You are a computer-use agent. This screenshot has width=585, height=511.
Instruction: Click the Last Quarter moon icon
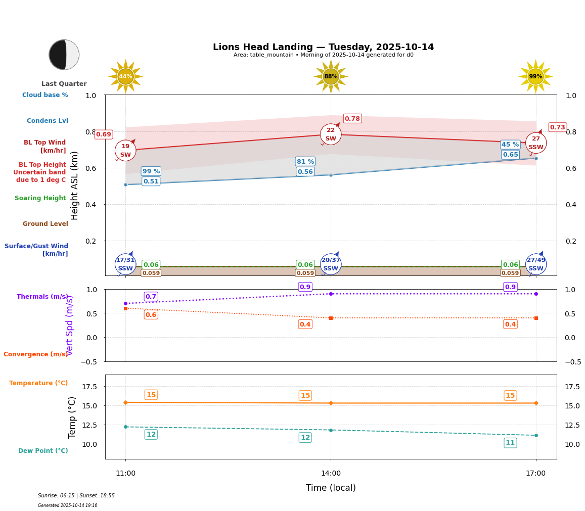point(64,55)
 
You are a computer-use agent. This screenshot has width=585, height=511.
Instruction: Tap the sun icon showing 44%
point(125,77)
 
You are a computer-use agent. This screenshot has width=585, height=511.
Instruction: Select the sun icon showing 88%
point(331,77)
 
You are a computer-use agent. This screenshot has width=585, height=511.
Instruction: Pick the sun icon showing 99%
point(535,77)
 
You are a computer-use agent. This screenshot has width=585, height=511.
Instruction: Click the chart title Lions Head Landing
point(323,47)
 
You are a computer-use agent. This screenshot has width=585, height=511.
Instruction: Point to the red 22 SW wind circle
point(331,134)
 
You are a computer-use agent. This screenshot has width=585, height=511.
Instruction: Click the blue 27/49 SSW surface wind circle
point(536,264)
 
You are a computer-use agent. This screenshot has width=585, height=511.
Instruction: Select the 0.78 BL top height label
point(352,119)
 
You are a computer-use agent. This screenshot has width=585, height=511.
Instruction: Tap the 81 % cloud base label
point(305,162)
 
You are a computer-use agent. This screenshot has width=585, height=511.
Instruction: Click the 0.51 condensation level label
point(151,181)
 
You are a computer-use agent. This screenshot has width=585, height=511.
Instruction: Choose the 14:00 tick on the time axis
point(331,474)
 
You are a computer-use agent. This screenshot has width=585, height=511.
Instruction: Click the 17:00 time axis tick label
point(535,474)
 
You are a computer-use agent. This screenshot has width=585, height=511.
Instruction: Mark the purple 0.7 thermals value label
point(151,297)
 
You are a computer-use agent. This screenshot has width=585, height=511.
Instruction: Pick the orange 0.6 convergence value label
point(151,315)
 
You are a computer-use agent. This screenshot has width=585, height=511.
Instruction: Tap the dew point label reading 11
point(510,443)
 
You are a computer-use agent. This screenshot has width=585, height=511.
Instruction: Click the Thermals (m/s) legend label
point(42,297)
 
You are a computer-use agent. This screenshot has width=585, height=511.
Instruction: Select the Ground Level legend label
point(46,224)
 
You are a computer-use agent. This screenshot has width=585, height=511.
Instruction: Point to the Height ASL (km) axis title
point(75,185)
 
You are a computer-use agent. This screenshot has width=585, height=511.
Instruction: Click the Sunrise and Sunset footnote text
point(76,496)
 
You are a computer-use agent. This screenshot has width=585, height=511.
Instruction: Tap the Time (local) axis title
point(331,488)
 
